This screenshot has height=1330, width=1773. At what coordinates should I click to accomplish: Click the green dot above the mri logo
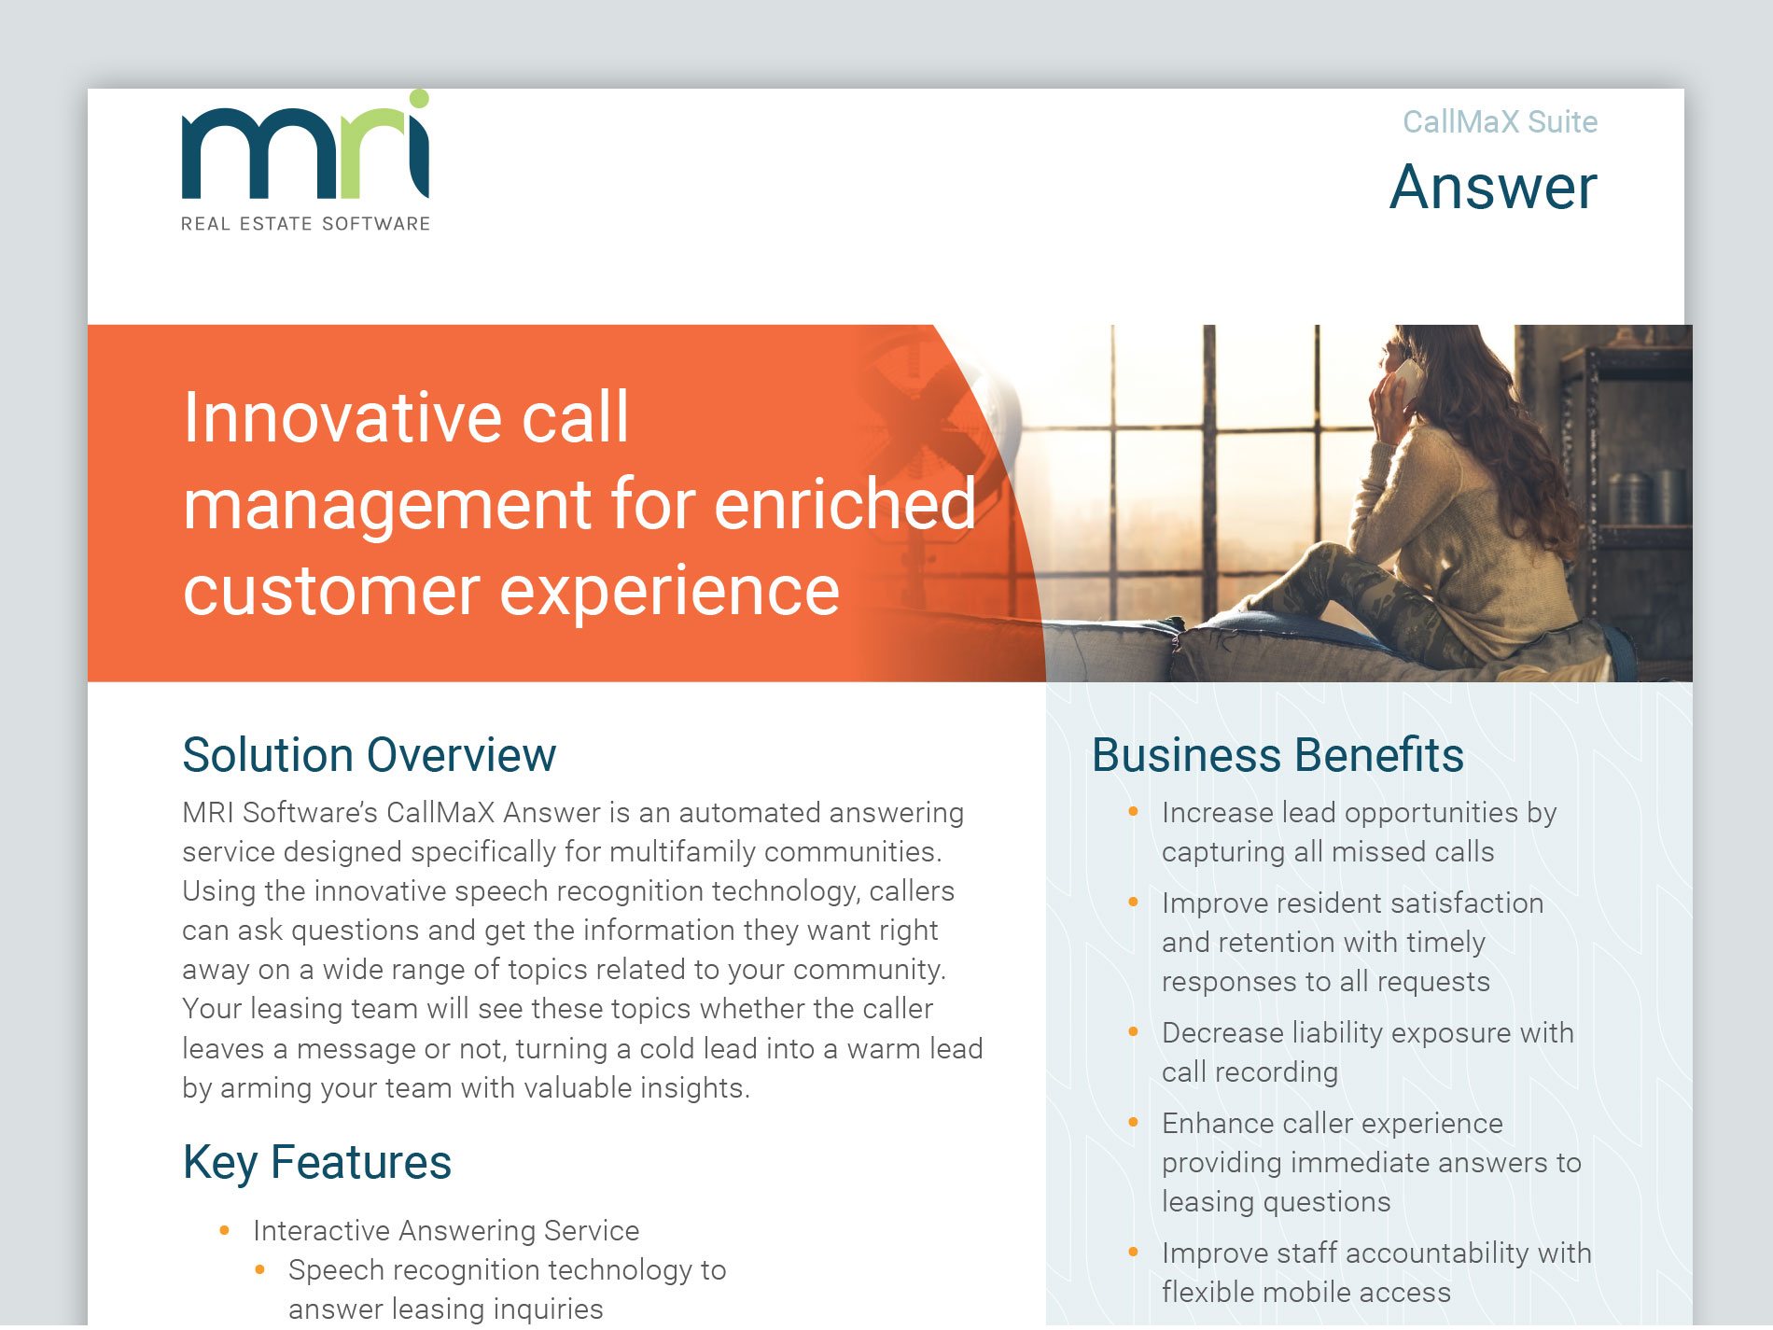[419, 99]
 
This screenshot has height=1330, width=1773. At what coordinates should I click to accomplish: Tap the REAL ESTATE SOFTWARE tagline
[305, 224]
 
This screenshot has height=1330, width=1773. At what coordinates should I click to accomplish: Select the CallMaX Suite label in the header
[1500, 122]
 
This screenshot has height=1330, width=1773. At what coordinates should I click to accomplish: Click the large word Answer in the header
[1493, 188]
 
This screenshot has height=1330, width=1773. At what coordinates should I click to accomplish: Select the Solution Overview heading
[369, 755]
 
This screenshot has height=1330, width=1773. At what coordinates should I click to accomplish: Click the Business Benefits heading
[1277, 755]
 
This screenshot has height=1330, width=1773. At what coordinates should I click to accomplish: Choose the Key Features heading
[317, 1163]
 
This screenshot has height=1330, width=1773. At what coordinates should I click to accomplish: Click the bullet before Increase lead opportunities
[1133, 812]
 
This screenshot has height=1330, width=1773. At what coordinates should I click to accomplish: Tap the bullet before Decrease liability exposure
[1133, 1032]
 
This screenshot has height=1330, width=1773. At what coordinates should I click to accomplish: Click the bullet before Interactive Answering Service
[224, 1231]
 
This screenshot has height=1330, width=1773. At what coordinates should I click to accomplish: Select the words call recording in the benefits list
[1249, 1072]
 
